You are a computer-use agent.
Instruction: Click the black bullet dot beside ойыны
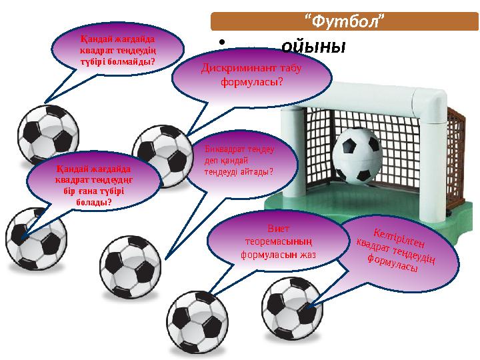221,47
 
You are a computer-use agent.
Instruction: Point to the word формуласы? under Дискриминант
252,81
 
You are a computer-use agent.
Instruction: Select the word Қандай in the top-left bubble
94,37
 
